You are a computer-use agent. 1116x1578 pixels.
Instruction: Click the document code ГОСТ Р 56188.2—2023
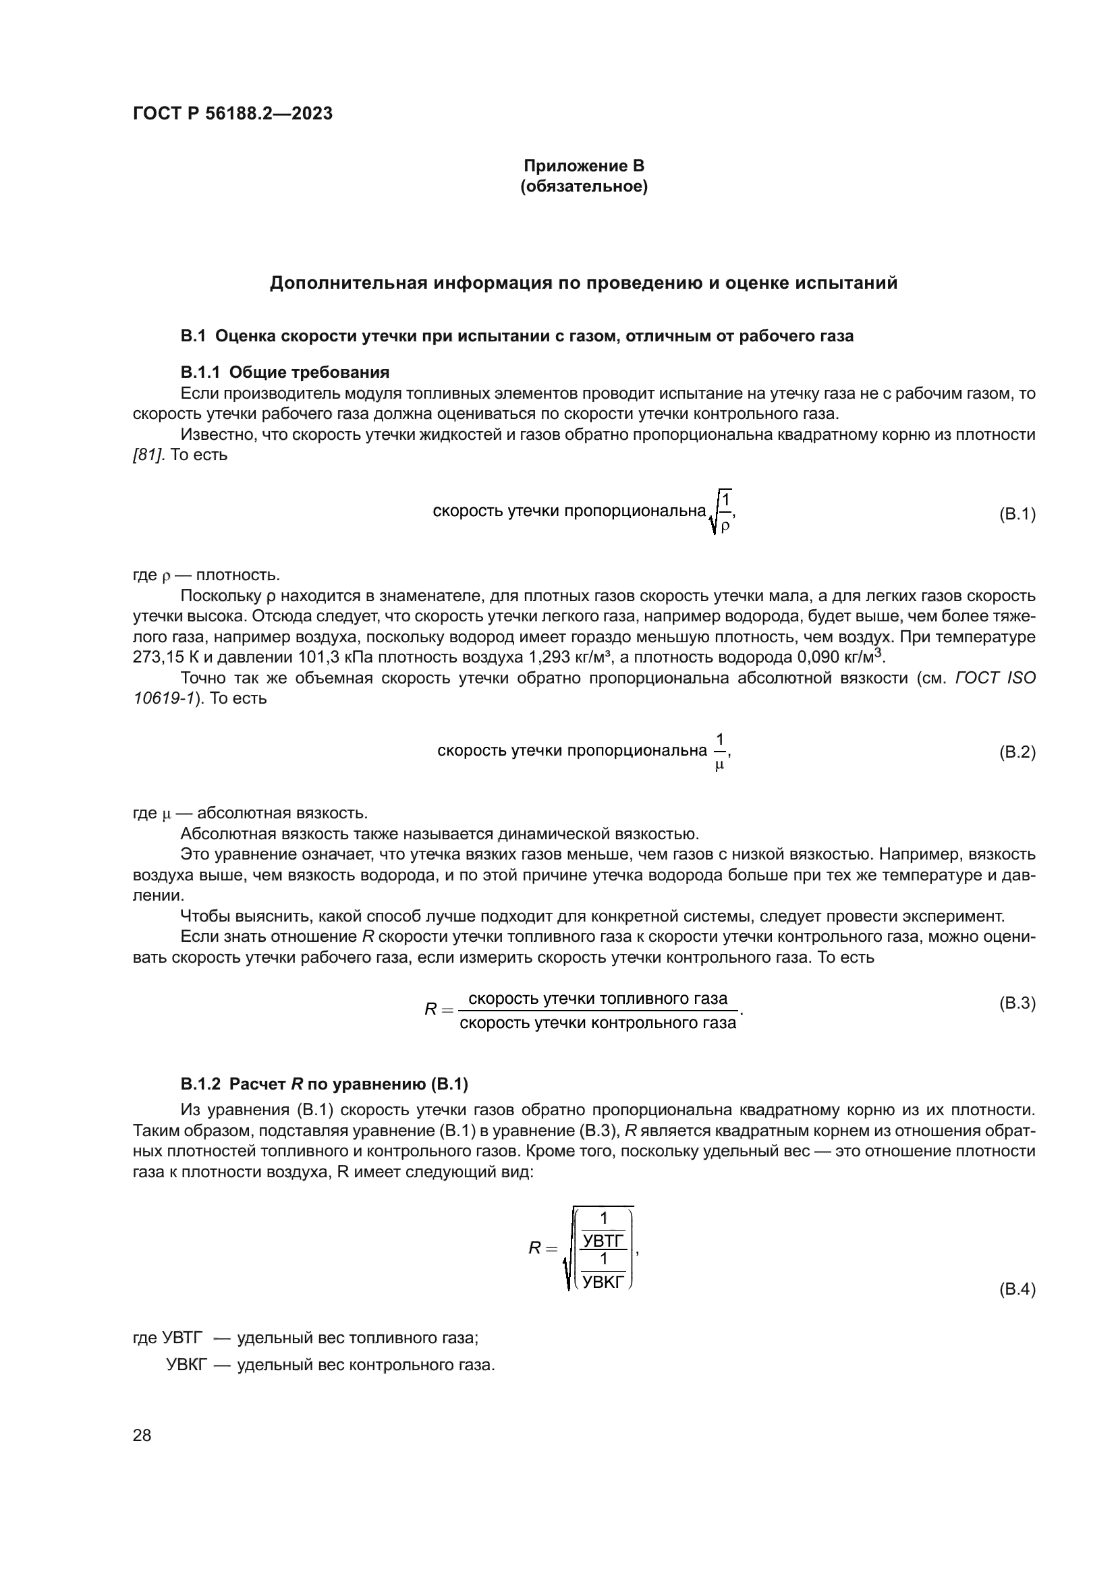click(232, 113)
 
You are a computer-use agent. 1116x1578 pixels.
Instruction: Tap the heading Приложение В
click(584, 166)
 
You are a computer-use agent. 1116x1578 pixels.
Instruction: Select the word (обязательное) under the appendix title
click(584, 186)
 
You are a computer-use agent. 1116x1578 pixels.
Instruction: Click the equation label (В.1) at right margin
click(1016, 513)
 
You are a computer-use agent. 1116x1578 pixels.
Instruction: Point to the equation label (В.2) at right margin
click(1016, 752)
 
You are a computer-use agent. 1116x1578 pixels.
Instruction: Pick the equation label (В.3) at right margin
click(1016, 1003)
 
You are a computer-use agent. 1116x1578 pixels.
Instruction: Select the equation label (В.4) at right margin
click(1016, 1289)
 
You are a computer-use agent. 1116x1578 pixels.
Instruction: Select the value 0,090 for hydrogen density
click(818, 657)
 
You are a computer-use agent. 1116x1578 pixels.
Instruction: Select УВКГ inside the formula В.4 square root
click(603, 1281)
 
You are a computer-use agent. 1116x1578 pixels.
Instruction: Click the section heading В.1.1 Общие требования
click(285, 372)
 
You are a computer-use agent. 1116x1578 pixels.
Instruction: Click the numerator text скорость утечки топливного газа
click(597, 998)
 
